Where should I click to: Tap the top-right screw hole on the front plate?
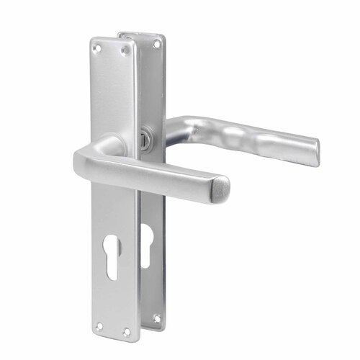[x=125, y=50]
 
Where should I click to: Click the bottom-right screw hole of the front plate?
[x=126, y=331]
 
